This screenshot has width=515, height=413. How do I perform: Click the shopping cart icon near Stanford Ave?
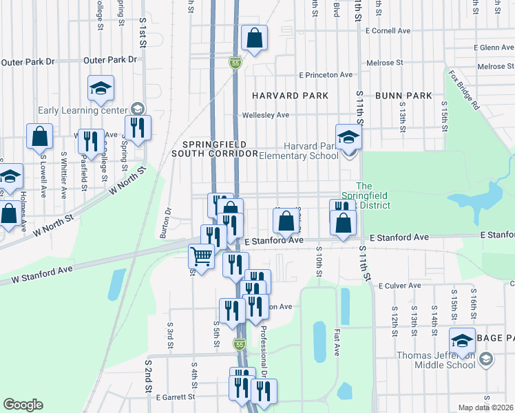click(201, 257)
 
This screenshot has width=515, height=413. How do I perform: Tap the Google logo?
click(23, 405)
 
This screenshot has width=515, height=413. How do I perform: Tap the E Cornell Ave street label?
click(388, 31)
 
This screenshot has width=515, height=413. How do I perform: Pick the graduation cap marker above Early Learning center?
click(101, 89)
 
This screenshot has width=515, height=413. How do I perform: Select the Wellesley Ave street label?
click(264, 115)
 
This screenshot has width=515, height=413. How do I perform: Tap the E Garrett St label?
click(176, 397)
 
